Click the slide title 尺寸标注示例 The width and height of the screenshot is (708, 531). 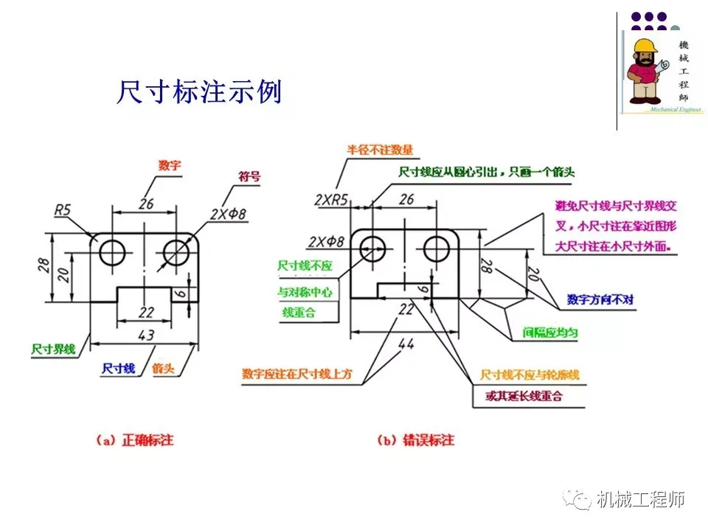(x=199, y=92)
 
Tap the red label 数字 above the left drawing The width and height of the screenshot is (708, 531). (x=170, y=166)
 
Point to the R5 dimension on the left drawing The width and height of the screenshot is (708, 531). (x=63, y=211)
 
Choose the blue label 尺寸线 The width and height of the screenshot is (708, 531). (x=118, y=367)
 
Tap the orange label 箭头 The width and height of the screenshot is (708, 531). (x=163, y=367)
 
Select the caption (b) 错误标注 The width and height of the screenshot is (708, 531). (x=417, y=440)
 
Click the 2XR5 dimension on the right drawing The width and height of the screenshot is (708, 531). (x=331, y=198)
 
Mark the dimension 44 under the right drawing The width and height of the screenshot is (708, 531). (x=406, y=343)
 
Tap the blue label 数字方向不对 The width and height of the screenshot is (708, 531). (x=600, y=300)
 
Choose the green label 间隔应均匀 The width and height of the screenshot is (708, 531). (x=550, y=333)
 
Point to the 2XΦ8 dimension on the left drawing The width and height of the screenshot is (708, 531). (x=227, y=214)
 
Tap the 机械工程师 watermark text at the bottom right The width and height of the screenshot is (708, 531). (x=641, y=500)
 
